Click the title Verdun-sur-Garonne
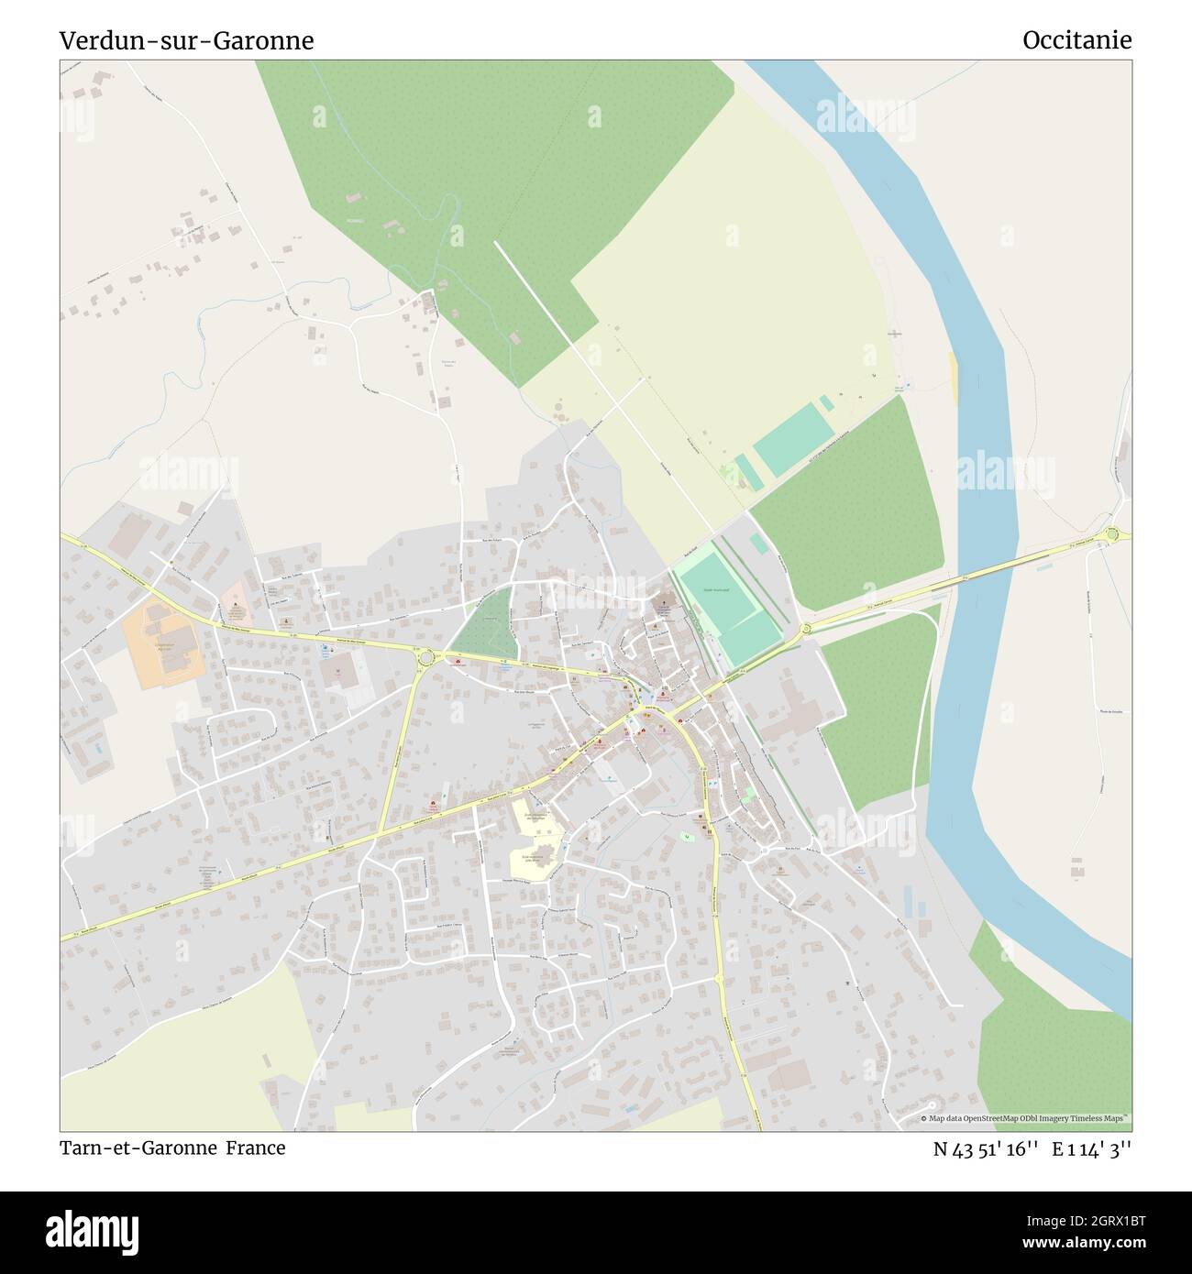[186, 40]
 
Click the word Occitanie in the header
[1076, 40]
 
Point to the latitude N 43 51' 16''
[986, 1148]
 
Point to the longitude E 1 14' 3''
[1091, 1148]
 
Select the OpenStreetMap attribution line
[1025, 1118]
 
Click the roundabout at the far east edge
[1113, 534]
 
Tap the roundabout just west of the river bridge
[807, 629]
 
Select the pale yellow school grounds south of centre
[536, 839]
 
